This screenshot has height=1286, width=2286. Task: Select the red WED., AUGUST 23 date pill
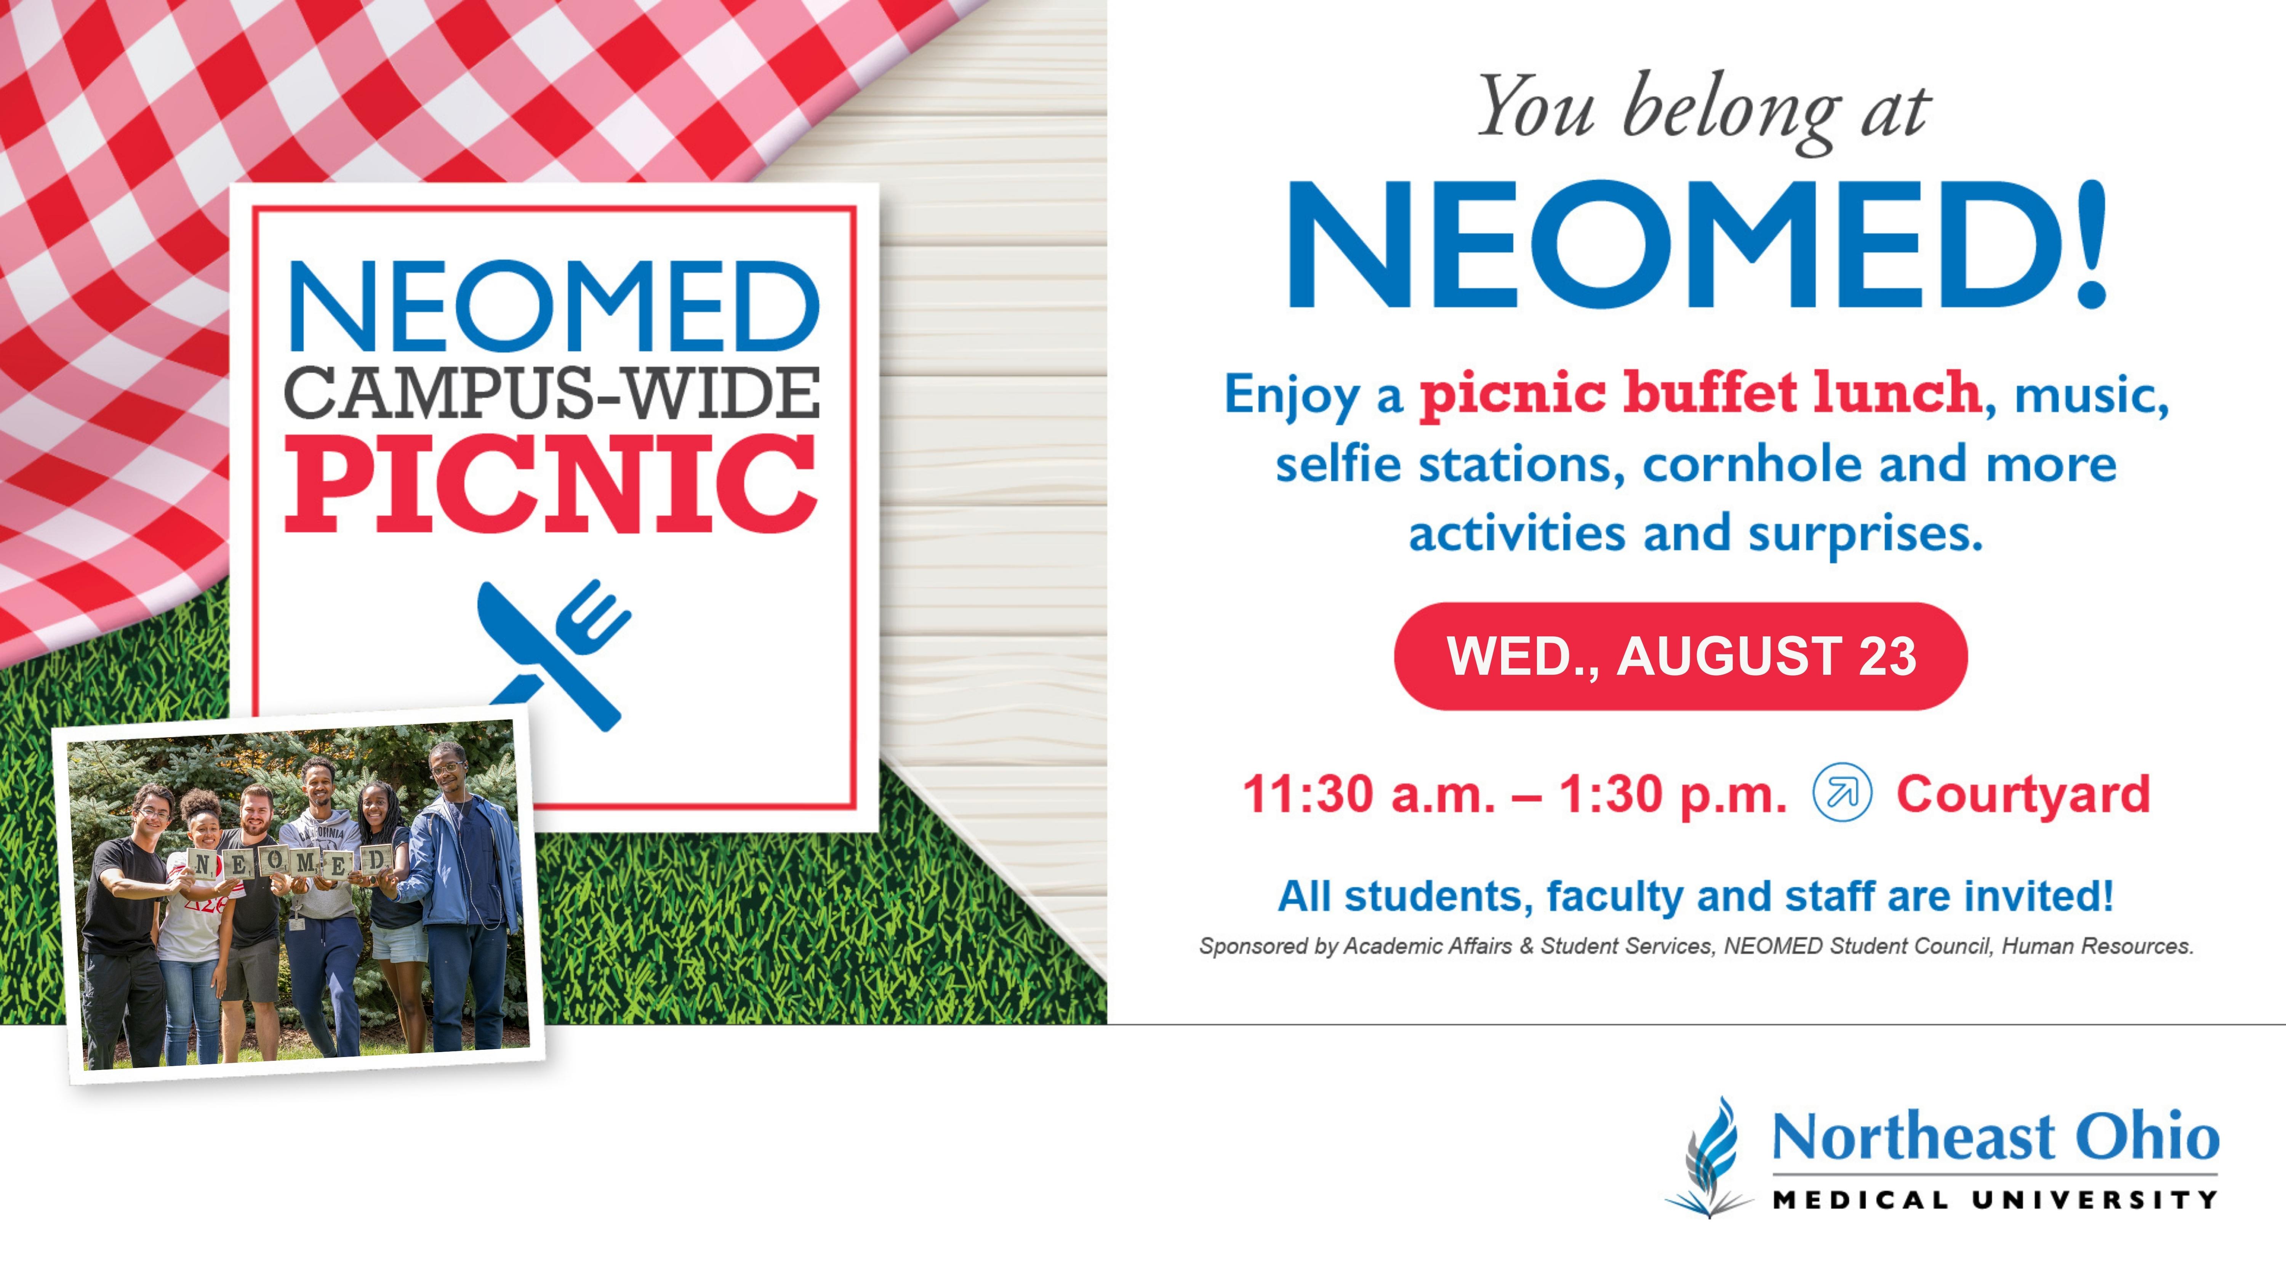coord(1681,656)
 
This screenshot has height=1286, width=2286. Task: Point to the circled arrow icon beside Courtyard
coord(1842,793)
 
